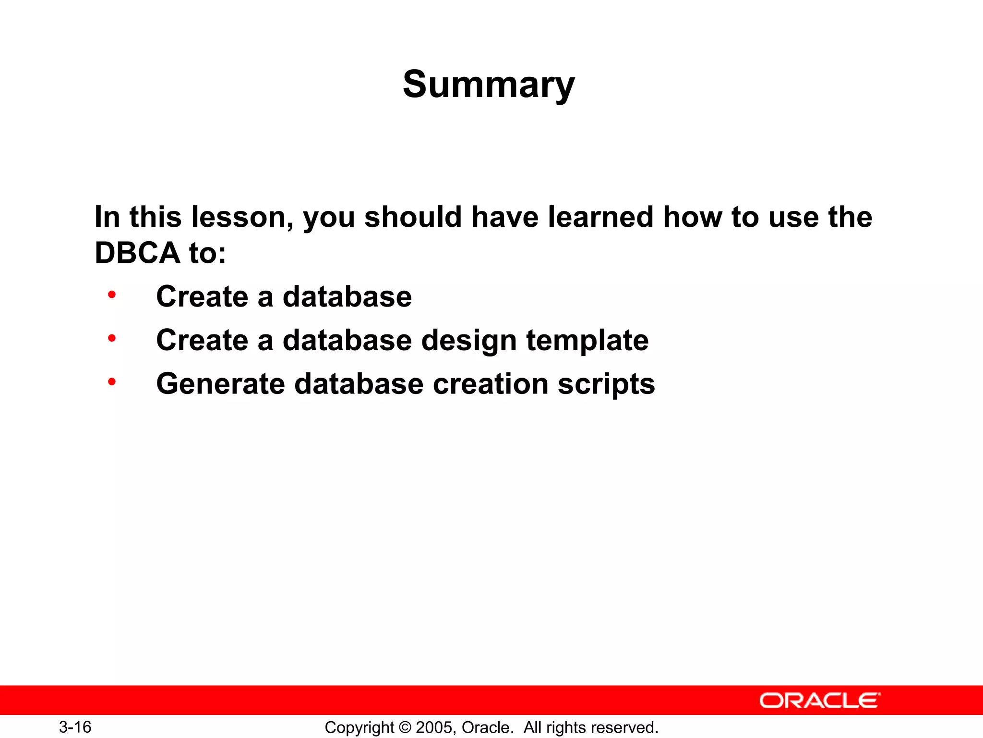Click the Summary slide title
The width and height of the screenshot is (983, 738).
488,85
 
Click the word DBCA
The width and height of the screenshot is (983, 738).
137,253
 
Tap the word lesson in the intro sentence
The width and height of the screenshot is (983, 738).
241,217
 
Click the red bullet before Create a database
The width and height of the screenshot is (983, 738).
112,295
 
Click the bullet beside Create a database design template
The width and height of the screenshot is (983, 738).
112,338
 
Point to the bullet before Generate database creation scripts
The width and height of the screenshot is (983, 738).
112,382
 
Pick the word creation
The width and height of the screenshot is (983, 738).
490,384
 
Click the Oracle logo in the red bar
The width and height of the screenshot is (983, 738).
819,701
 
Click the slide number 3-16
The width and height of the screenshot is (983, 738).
75,727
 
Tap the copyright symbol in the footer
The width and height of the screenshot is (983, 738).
405,727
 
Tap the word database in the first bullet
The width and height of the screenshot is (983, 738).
347,297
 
